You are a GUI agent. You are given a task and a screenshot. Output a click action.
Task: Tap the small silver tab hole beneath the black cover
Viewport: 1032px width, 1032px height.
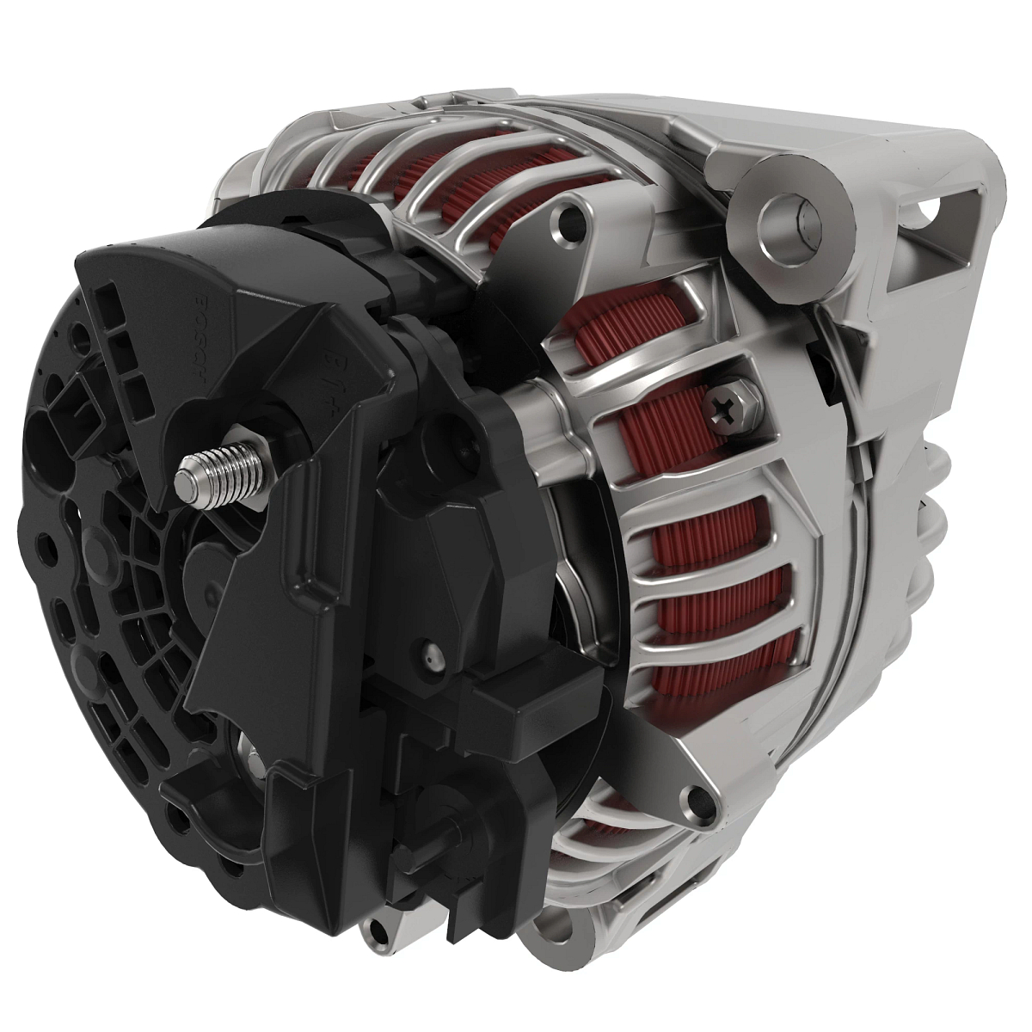(377, 931)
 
